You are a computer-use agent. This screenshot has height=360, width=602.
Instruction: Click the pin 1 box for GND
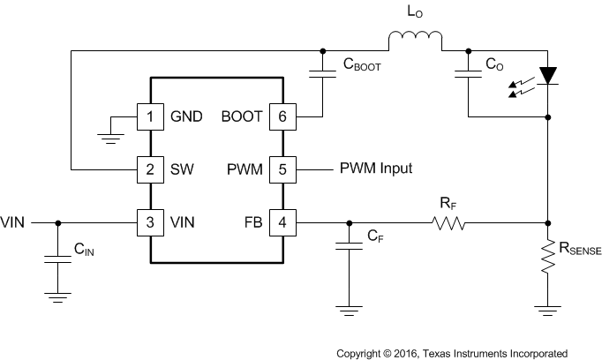(150, 116)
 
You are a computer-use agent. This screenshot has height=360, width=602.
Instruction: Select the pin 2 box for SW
(150, 168)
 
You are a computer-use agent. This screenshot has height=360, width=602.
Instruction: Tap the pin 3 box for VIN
(150, 221)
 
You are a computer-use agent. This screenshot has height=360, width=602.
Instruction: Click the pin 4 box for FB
(282, 221)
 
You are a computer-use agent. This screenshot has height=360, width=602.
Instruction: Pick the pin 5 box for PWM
(282, 168)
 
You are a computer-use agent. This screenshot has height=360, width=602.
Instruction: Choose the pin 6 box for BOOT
(282, 116)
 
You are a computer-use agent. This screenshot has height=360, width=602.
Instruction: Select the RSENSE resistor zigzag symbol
(548, 260)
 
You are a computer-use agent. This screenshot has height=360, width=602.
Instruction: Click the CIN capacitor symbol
(57, 259)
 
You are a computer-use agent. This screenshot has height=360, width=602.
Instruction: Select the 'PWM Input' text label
(375, 168)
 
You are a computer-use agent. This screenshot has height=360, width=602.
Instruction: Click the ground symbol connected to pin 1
(109, 133)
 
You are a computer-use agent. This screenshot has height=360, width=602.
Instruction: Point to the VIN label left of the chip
(14, 221)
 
